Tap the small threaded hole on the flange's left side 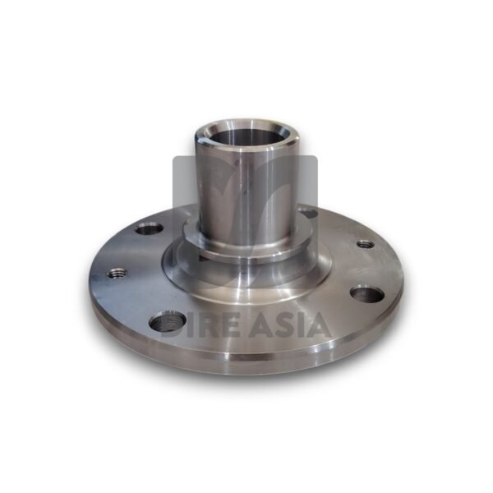[x=117, y=273]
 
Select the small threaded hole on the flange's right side [x=366, y=244]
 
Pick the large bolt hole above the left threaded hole [x=149, y=228]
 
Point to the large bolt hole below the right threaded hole [x=367, y=293]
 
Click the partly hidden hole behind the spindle [x=308, y=212]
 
